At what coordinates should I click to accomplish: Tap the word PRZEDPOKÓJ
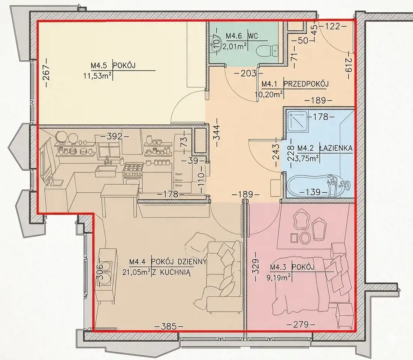coord(306,84)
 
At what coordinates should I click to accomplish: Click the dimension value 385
coord(168,327)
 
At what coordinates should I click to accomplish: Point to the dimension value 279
coord(301,324)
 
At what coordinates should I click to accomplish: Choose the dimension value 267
coord(46,76)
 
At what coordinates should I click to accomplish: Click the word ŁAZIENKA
coord(335,148)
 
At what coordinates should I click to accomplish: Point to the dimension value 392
coord(115,136)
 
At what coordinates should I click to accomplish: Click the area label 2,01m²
coord(235,47)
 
